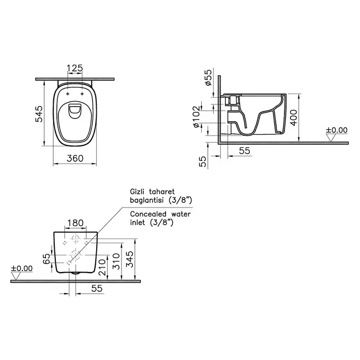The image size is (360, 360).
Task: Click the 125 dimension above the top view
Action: click(x=74, y=68)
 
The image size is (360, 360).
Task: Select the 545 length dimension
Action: click(x=39, y=114)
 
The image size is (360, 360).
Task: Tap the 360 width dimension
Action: click(x=75, y=158)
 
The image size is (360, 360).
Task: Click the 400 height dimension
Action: click(x=293, y=118)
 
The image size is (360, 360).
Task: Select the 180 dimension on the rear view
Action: click(x=76, y=223)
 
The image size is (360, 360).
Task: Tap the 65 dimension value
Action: click(x=47, y=259)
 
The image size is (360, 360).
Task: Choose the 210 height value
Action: click(x=102, y=267)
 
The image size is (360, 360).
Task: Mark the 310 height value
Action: click(x=116, y=261)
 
